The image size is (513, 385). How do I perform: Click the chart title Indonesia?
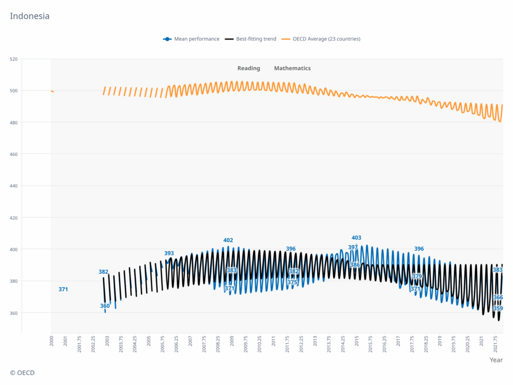pos(30,16)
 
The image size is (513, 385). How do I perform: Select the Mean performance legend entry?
pos(196,39)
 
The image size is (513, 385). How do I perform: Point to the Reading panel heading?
pos(248,68)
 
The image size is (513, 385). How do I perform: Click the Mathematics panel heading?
pos(292,68)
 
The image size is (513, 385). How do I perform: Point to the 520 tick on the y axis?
pos(13,59)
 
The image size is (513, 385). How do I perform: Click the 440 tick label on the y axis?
pos(13,186)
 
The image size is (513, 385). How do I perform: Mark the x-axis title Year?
pos(496,360)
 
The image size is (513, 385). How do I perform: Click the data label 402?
pos(228,240)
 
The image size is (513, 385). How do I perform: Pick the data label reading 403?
pos(356,238)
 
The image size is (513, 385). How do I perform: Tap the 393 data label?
pos(169,253)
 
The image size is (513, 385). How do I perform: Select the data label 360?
pos(105,306)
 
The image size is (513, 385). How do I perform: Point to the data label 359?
pos(498,308)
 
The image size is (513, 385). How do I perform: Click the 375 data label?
pos(293,282)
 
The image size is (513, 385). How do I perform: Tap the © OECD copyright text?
pos(22,373)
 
